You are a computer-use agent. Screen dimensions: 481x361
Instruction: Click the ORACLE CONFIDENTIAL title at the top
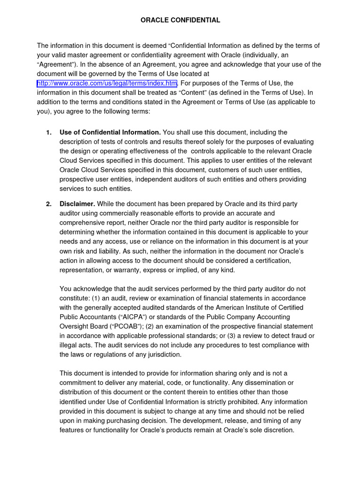coord(180,20)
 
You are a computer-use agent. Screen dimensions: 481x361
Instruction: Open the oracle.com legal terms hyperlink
coord(107,84)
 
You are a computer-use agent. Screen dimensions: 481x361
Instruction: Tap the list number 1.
coord(49,132)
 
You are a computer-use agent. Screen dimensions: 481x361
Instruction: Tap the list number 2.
coord(49,204)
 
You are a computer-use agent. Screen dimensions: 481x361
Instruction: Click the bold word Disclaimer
coord(77,204)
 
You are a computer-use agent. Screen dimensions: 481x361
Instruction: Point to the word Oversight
coord(75,326)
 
